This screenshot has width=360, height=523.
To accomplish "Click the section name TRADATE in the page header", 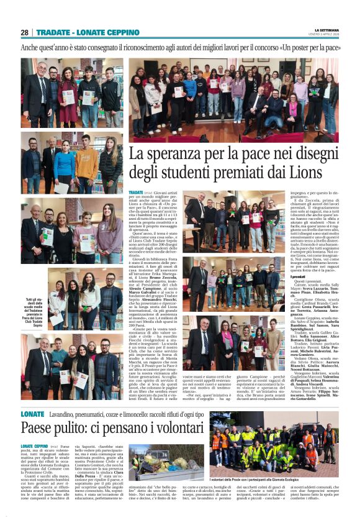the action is coord(52,32).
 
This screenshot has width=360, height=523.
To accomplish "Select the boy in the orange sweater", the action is coord(86,163).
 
